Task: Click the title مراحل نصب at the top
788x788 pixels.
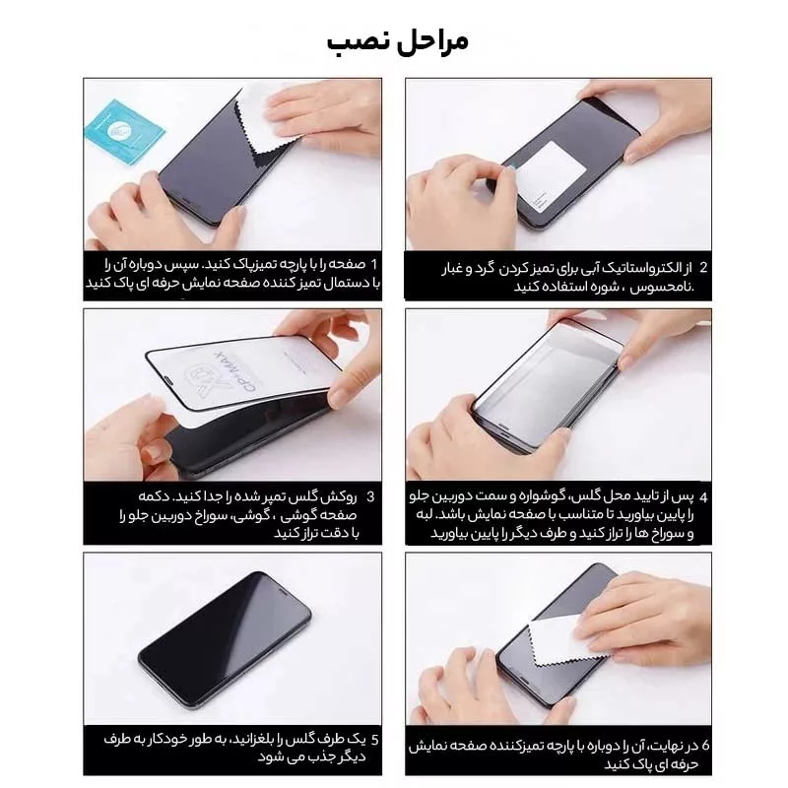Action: pyautogui.click(x=398, y=43)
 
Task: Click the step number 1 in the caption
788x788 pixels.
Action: pyautogui.click(x=373, y=264)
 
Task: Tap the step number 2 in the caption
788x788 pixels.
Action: pyautogui.click(x=703, y=268)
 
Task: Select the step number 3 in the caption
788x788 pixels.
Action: pyautogui.click(x=370, y=497)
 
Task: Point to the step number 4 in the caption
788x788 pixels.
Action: pyautogui.click(x=703, y=497)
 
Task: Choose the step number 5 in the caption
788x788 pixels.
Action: pyautogui.click(x=374, y=740)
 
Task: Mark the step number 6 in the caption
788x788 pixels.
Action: pyautogui.click(x=705, y=746)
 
